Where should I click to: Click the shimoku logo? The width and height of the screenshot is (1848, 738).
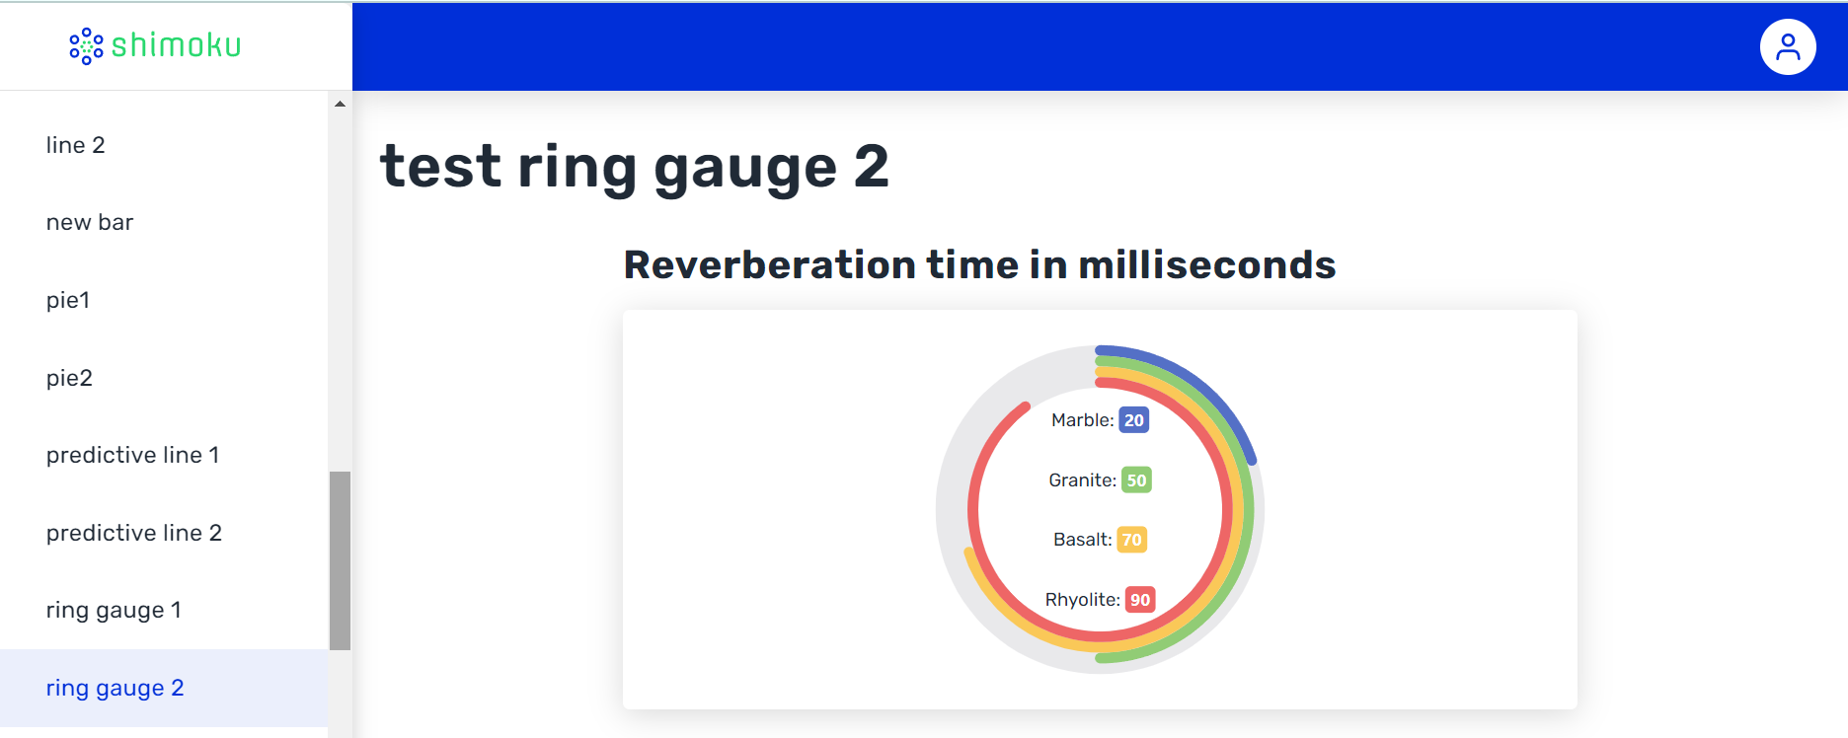pos(155,45)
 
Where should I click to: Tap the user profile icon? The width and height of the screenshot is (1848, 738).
pos(1788,46)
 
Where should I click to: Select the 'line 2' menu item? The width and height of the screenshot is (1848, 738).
pos(75,145)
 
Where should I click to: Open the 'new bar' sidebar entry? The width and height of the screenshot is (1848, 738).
pos(90,222)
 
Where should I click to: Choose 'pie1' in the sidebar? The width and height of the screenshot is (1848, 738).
pos(68,300)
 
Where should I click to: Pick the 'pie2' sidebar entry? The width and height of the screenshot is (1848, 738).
pos(69,378)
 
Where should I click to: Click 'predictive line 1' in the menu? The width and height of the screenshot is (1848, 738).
pos(132,455)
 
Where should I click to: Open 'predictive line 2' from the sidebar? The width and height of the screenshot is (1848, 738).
pos(134,533)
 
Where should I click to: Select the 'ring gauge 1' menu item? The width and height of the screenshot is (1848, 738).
pos(114,610)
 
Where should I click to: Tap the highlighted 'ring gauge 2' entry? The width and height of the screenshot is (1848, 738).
pos(115,688)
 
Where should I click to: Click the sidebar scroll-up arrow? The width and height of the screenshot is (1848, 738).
pos(340,104)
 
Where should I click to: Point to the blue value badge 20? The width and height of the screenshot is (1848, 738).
pos(1134,420)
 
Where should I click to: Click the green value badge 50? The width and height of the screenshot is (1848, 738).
pos(1136,480)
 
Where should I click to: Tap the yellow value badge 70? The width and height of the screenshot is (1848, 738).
pos(1131,540)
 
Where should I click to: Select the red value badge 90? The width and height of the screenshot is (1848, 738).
pos(1140,600)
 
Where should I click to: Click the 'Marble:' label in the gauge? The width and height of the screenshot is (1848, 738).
pos(1083,420)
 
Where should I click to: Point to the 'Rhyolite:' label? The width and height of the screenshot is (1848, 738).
pos(1083,600)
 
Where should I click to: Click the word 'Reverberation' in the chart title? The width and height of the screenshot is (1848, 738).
pos(771,264)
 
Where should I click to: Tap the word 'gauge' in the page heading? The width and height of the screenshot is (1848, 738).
pos(745,168)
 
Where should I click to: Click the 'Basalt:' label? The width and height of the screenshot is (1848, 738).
pos(1083,540)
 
